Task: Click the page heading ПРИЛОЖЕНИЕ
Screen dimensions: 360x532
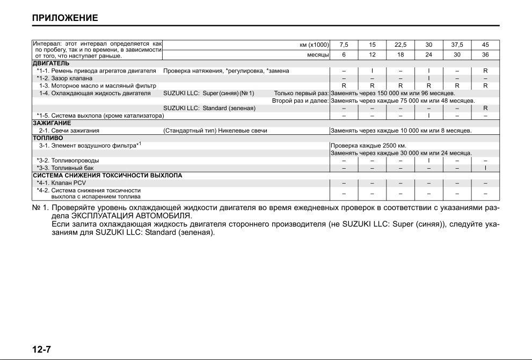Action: click(x=65, y=18)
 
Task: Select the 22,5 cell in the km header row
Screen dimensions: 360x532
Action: click(x=400, y=45)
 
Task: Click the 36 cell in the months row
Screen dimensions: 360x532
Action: click(x=485, y=55)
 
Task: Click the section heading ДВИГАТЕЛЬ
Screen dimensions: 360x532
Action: click(x=51, y=63)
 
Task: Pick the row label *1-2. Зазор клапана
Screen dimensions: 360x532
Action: click(x=64, y=78)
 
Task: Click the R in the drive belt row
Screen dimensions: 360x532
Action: click(x=485, y=70)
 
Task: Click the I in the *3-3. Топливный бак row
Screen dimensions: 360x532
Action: click(x=485, y=168)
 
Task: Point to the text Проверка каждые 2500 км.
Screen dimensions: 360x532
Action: click(x=368, y=146)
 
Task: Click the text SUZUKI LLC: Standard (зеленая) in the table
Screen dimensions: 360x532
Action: click(x=209, y=108)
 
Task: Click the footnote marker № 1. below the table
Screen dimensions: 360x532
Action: click(x=40, y=208)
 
